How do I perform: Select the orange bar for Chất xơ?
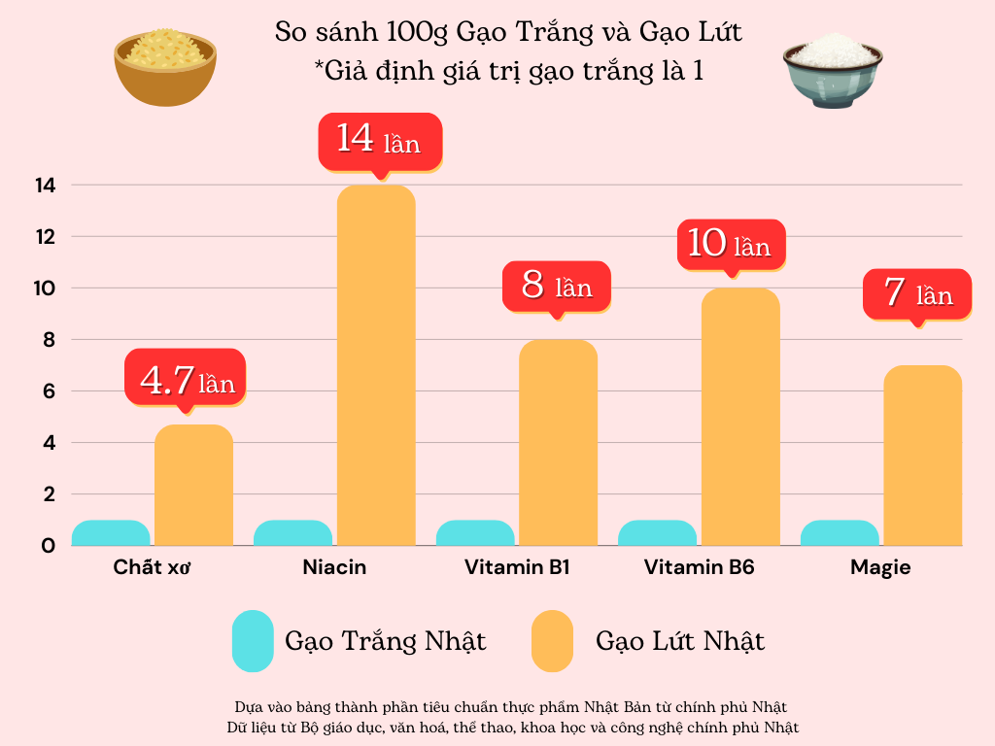point(193,486)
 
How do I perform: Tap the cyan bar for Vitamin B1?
point(475,533)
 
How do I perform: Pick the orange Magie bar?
point(922,456)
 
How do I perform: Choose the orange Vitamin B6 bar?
point(740,417)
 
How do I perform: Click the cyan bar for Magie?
point(840,533)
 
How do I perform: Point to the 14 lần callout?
point(380,142)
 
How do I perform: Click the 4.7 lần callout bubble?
point(186,378)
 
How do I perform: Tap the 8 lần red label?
point(557,287)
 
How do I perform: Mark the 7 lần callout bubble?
point(916,293)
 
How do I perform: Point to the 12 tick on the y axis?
point(46,237)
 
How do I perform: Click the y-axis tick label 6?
point(48,391)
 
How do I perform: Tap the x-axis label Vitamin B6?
point(699,567)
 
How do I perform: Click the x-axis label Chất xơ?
point(152,567)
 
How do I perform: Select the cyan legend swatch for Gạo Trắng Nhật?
point(253,641)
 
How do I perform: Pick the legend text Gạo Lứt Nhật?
point(680,641)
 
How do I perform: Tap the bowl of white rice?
point(833,70)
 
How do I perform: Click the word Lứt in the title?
point(718,32)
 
